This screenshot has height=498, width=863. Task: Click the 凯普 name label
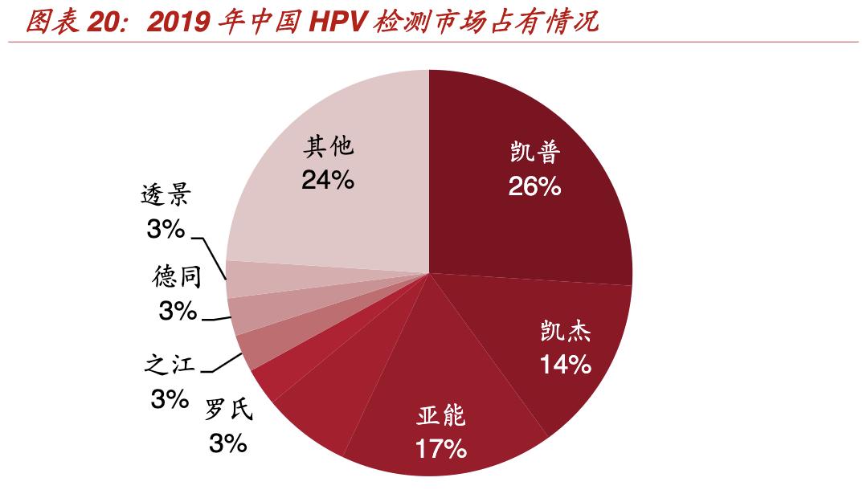point(534,153)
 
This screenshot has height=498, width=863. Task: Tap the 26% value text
point(534,186)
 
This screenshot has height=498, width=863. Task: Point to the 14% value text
point(566,365)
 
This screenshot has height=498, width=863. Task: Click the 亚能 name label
point(441,416)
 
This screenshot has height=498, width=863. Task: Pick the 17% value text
point(441,449)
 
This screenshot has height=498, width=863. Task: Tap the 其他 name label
point(328,147)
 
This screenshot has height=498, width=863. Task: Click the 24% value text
point(328,181)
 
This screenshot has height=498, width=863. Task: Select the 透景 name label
point(166,195)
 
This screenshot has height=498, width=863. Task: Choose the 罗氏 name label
point(228,410)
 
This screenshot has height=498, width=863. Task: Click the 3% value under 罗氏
point(227,443)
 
